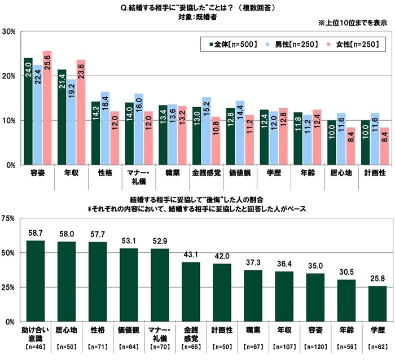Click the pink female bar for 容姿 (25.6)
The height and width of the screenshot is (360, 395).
[x=47, y=108]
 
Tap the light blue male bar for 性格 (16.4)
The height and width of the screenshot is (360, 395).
[x=105, y=129]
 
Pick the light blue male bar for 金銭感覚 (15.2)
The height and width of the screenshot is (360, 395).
[x=206, y=131]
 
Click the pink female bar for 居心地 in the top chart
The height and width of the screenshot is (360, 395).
[x=349, y=146]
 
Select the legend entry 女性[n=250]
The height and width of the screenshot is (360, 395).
[x=355, y=43]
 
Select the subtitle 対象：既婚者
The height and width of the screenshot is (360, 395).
[x=198, y=17]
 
